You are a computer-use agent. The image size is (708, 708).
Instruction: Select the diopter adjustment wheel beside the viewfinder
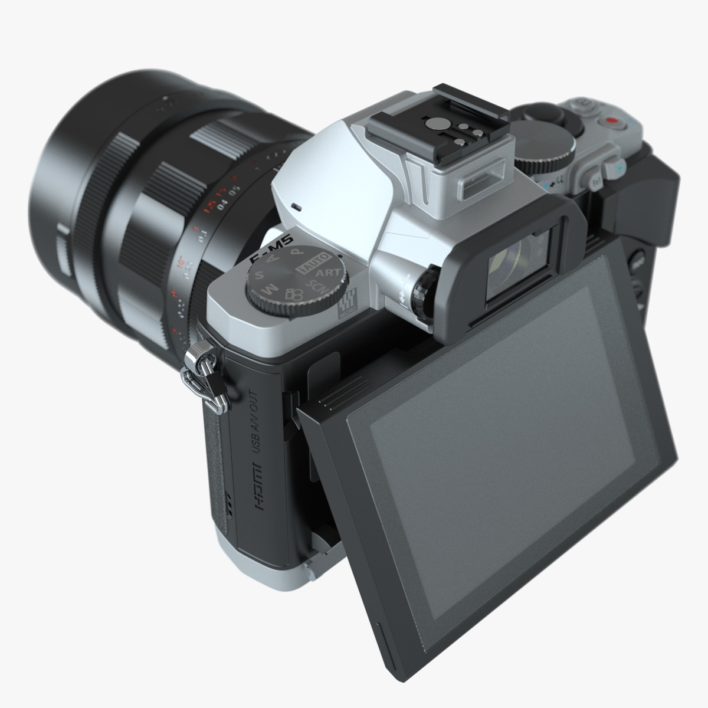[x=424, y=291]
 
